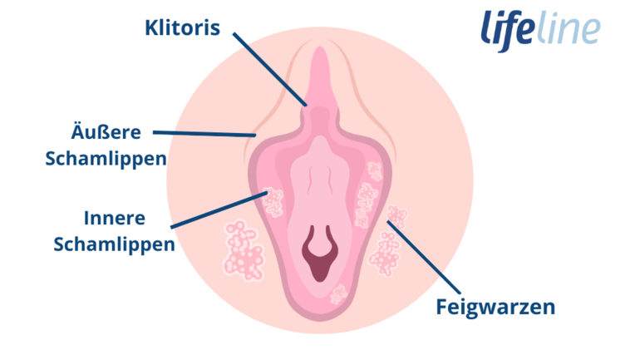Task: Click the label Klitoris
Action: point(183,27)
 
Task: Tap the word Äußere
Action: point(106,132)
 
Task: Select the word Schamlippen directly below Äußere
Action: point(106,158)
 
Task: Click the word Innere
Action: point(115,218)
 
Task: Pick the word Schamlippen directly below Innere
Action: point(115,244)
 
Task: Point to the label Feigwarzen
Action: point(495,307)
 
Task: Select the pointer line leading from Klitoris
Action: point(270,69)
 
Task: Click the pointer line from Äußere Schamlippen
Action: point(204,134)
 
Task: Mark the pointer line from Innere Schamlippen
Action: point(219,210)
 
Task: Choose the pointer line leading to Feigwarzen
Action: point(424,257)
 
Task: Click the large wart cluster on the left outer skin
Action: point(243,250)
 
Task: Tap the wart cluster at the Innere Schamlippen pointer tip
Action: point(273,202)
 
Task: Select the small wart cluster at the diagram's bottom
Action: point(338,294)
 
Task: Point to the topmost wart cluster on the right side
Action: point(374,171)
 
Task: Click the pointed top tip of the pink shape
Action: point(320,47)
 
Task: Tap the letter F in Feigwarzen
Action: point(441,307)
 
